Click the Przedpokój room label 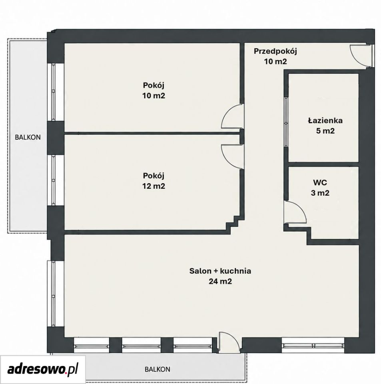click(275, 52)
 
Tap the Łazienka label click(325, 120)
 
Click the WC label click(320, 182)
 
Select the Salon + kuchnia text click(220, 271)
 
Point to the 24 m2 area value click(220, 281)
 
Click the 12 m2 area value click(154, 186)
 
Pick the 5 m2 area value click(325, 131)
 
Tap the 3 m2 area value click(320, 193)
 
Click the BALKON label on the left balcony click(28, 137)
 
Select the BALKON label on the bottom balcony click(158, 369)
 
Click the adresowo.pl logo click(43, 369)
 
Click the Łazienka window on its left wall click(286, 122)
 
